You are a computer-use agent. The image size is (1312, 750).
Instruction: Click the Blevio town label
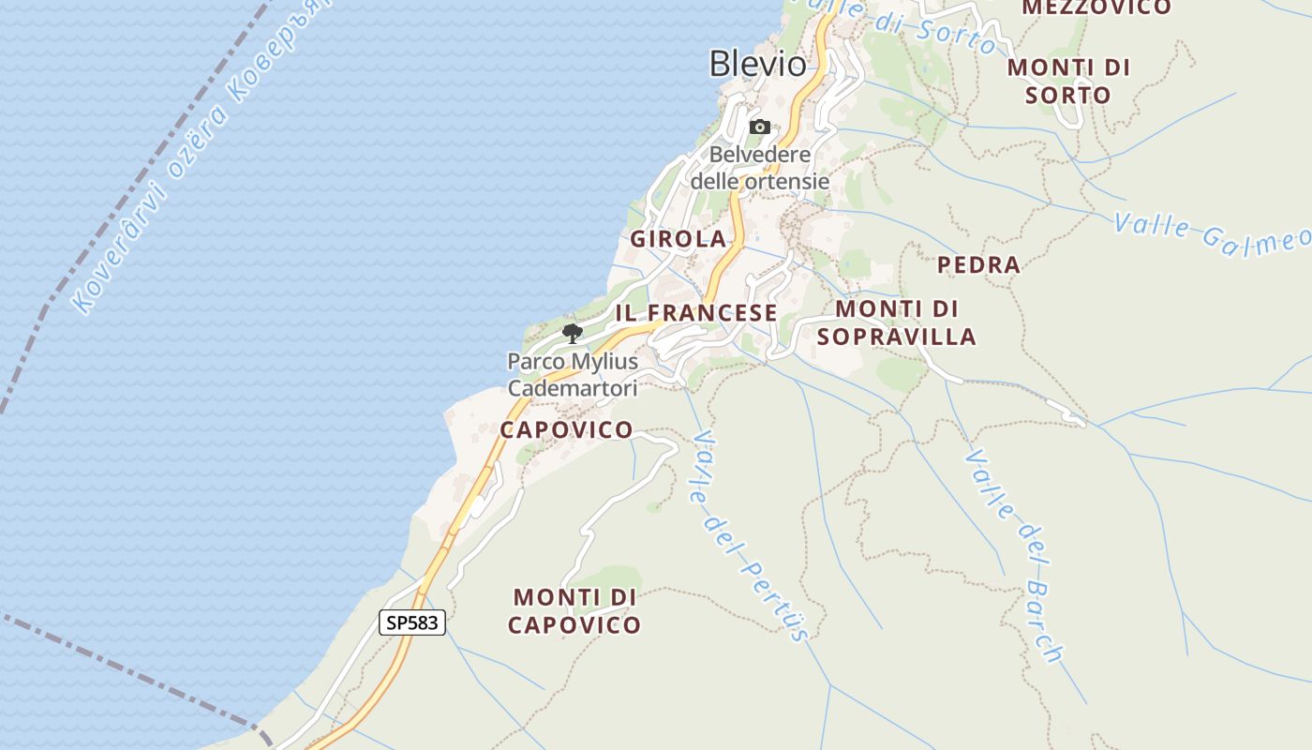[x=757, y=64]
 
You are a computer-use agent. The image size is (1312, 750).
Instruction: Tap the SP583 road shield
[x=411, y=622]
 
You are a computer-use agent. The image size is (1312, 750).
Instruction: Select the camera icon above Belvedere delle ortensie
[x=760, y=127]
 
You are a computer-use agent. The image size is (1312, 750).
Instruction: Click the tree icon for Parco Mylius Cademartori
[x=572, y=333]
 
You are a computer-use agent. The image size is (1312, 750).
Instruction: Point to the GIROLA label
[x=678, y=239]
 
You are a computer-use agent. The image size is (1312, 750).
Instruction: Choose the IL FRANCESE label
[x=695, y=313]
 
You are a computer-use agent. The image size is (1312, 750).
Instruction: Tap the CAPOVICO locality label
[x=566, y=430]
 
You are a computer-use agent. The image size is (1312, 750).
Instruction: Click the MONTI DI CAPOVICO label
[x=575, y=611]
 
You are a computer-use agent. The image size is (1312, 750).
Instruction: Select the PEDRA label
[x=978, y=265]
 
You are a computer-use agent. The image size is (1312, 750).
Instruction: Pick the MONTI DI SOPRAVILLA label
[x=896, y=322]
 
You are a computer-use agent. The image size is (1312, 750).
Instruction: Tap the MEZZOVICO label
[x=1096, y=8]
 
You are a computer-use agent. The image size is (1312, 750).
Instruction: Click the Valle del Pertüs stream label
[x=749, y=535]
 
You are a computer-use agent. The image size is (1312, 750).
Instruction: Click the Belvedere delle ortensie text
[x=760, y=168]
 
